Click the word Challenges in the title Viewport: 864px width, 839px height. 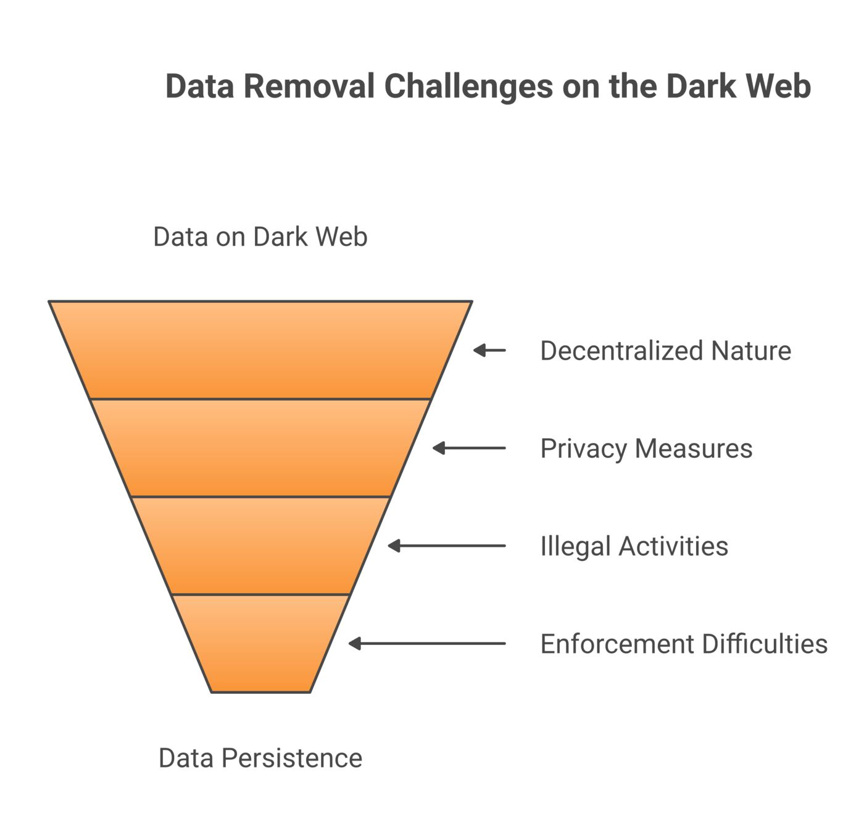[x=468, y=86]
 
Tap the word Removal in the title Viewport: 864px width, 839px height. [x=309, y=86]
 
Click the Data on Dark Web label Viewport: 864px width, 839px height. [x=260, y=237]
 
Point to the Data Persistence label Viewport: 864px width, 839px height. [x=260, y=757]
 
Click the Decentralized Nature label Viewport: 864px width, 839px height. [x=665, y=350]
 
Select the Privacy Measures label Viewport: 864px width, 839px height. [x=646, y=448]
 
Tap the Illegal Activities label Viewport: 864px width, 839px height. [x=634, y=546]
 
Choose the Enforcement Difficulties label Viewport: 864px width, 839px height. [x=684, y=644]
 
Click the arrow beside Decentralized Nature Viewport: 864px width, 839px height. [x=489, y=350]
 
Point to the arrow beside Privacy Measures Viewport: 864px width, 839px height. [x=469, y=448]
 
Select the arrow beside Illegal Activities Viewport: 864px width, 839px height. [x=447, y=546]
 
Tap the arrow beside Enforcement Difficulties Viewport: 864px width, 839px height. [x=427, y=644]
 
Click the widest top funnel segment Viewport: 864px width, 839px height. [x=260, y=350]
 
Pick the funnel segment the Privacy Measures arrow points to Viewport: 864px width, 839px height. [x=260, y=448]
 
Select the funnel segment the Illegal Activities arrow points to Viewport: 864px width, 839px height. [x=260, y=546]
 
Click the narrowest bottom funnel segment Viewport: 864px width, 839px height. [x=260, y=644]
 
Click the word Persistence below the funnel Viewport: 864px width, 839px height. [x=292, y=757]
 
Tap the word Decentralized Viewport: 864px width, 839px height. [x=621, y=350]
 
